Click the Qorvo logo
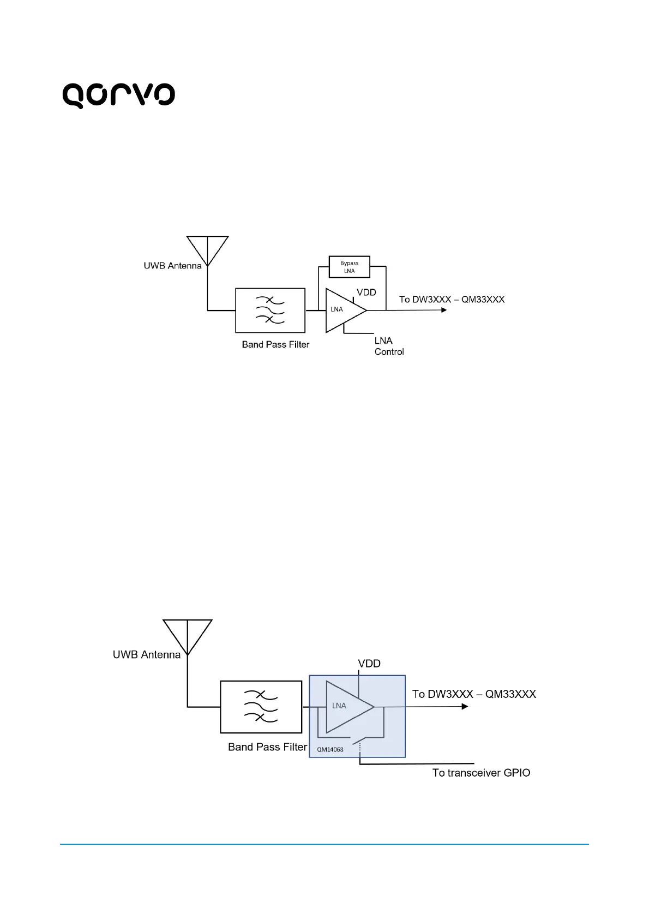[x=118, y=96]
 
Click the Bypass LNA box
[x=350, y=267]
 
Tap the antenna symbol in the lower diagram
[x=188, y=636]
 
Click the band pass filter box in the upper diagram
[x=270, y=310]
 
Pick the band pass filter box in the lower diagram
[x=261, y=707]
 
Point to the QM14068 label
[x=330, y=749]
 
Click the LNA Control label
[x=389, y=346]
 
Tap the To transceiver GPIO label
[x=481, y=773]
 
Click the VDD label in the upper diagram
[x=366, y=293]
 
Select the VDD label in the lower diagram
[x=369, y=664]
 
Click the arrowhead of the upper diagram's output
[x=444, y=310]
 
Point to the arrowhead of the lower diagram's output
[x=465, y=707]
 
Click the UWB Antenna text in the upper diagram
[x=172, y=266]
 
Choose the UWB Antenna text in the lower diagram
[x=146, y=654]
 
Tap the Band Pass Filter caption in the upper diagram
[x=275, y=344]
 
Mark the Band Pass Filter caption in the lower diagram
[x=267, y=747]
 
